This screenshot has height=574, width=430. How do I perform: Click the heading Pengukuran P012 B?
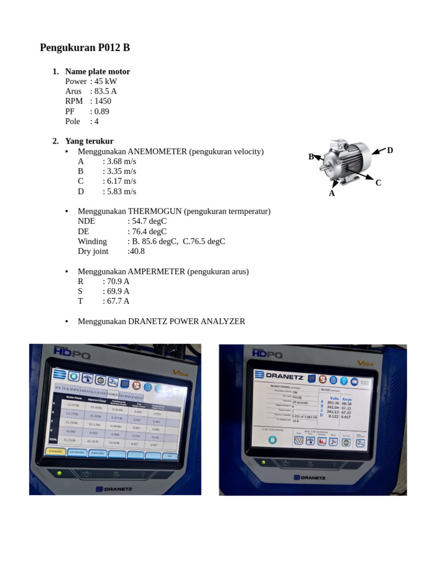click(x=85, y=48)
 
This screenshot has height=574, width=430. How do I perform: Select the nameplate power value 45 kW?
click(x=106, y=81)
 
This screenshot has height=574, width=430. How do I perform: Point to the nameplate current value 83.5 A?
click(x=105, y=91)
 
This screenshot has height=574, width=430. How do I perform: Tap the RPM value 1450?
click(x=102, y=101)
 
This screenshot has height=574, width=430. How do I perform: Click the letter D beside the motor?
click(x=390, y=150)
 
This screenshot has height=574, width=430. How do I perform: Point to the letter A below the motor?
click(x=331, y=193)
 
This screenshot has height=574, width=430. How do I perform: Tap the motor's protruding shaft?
click(x=324, y=167)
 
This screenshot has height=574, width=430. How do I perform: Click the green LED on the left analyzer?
click(x=59, y=473)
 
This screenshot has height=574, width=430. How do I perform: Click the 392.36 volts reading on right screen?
click(x=333, y=402)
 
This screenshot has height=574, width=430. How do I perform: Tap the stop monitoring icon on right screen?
click(x=272, y=440)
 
